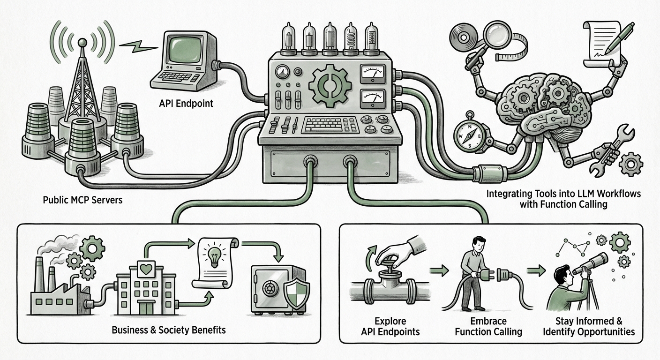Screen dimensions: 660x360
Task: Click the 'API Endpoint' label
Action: point(186,104)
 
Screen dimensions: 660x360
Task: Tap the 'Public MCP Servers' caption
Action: point(82,200)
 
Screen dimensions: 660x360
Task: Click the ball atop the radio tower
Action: point(82,43)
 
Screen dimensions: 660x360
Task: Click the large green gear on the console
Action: point(330,84)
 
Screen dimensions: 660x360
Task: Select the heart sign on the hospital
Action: point(146,269)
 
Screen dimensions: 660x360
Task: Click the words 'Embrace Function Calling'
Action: point(488,326)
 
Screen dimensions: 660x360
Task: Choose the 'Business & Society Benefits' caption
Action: point(169,330)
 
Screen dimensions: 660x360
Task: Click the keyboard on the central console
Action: point(330,125)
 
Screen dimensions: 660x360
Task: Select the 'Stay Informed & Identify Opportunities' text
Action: point(589,326)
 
